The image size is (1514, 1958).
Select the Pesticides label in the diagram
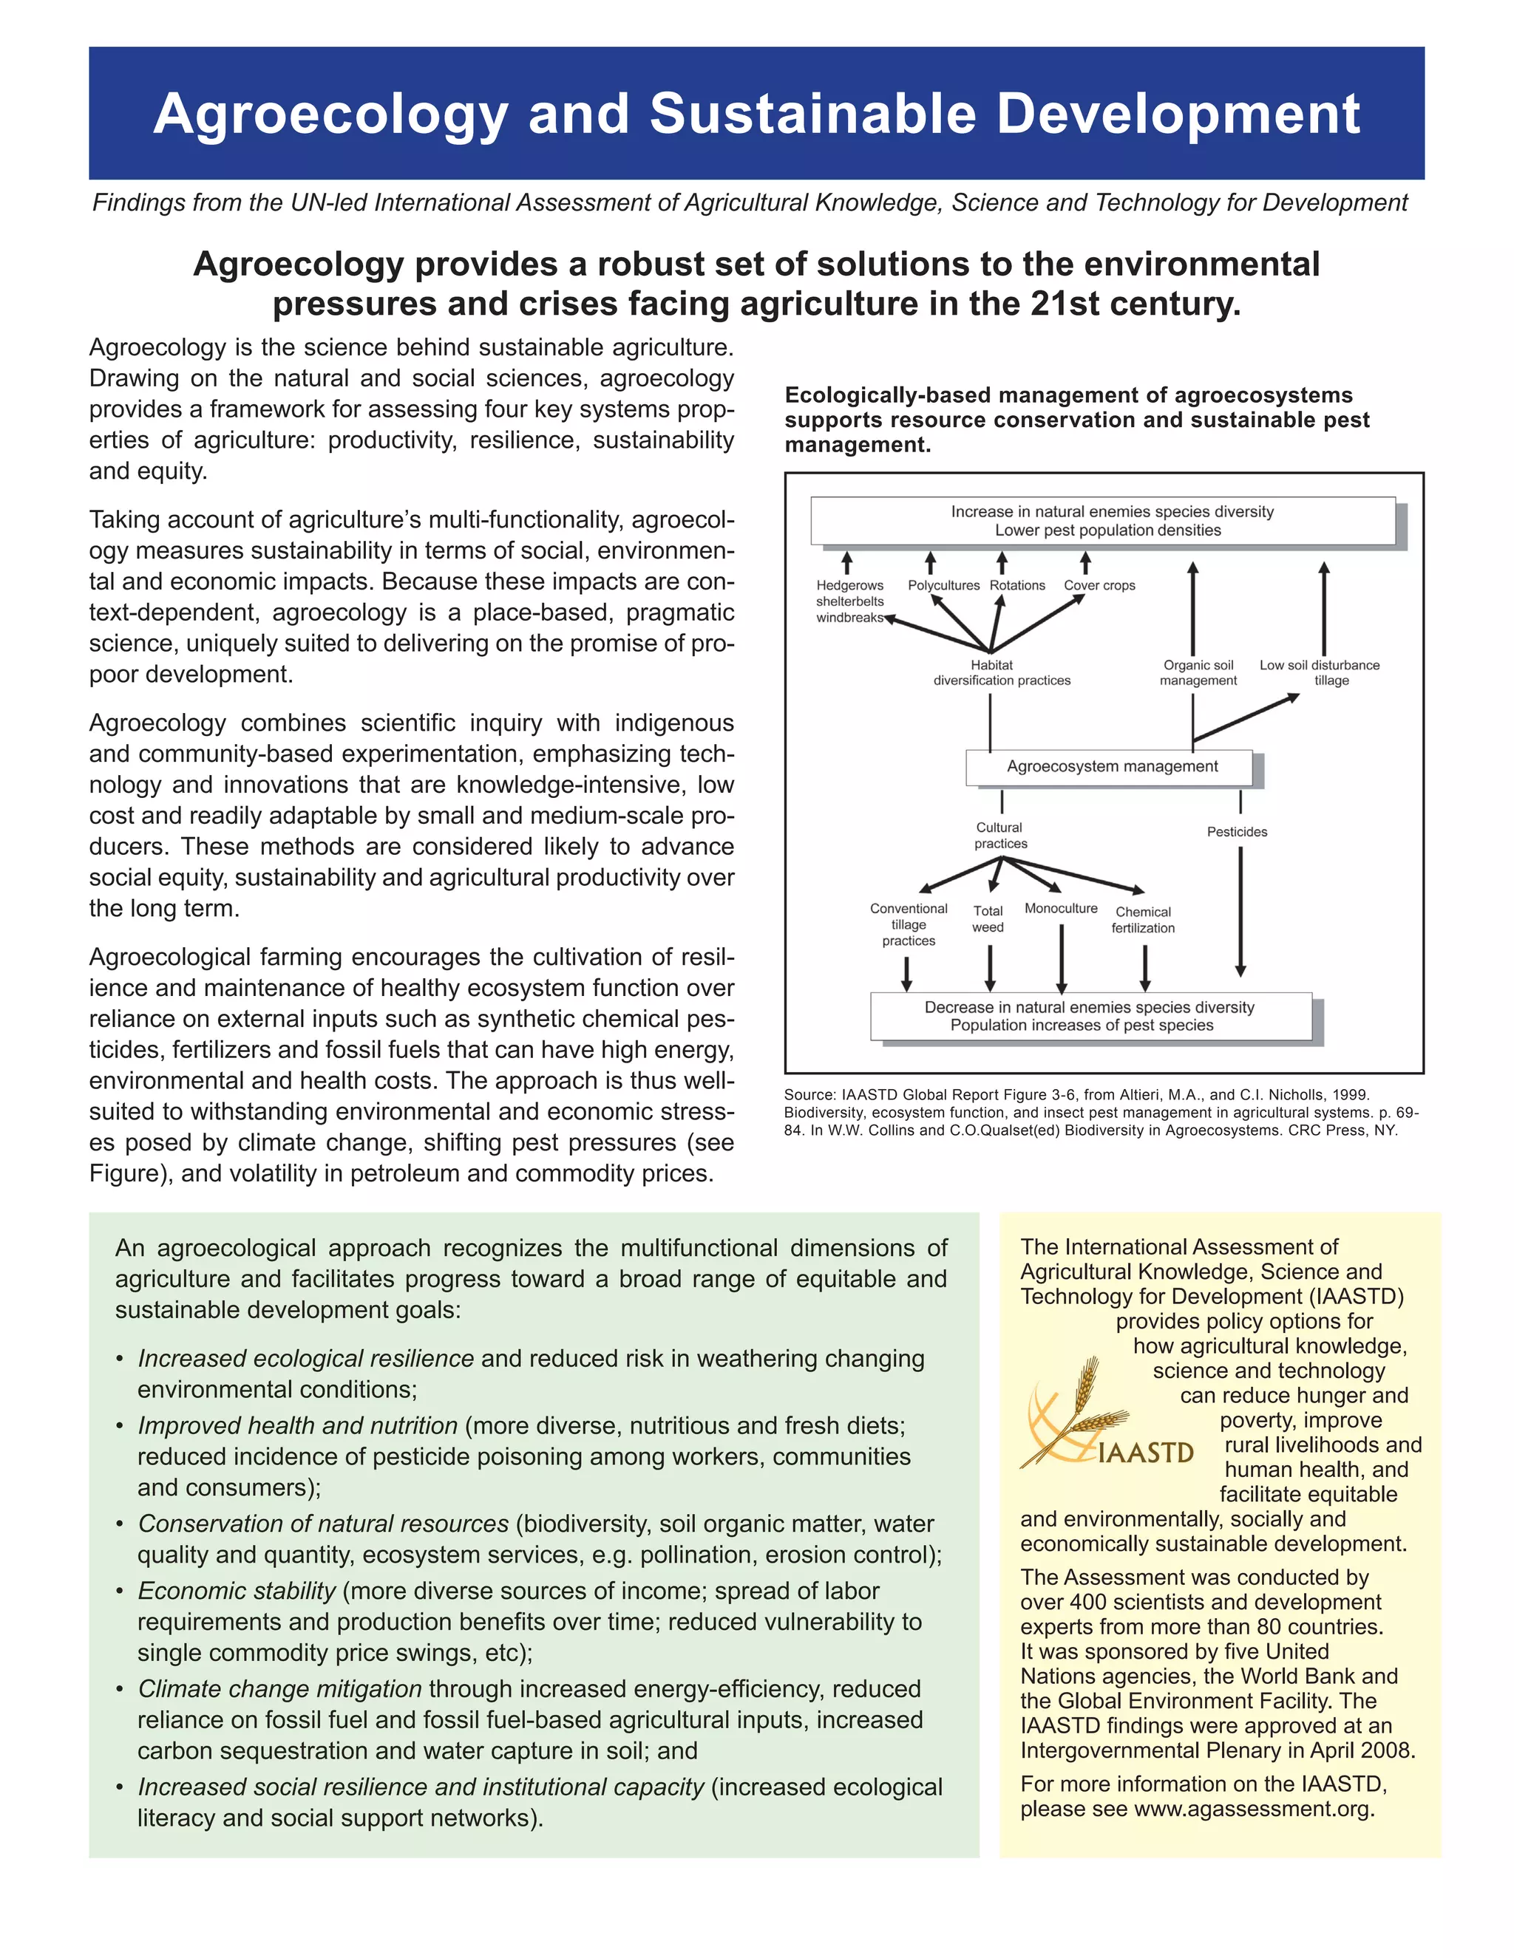(1237, 832)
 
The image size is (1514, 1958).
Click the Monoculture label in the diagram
(1061, 908)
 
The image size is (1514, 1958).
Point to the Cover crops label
(1099, 585)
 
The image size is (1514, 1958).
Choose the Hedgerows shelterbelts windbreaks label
(849, 601)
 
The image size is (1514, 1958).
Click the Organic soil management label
(1198, 672)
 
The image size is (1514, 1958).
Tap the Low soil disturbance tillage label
(1320, 672)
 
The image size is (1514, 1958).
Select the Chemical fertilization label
(1143, 920)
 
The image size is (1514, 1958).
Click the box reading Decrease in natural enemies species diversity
(1090, 1016)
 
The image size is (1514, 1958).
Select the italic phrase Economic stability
(237, 1591)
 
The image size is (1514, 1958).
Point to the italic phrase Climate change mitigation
(279, 1688)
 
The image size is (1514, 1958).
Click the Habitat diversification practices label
(1001, 672)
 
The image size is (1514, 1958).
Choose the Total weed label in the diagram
(988, 919)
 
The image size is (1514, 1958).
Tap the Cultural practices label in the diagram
(1000, 836)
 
